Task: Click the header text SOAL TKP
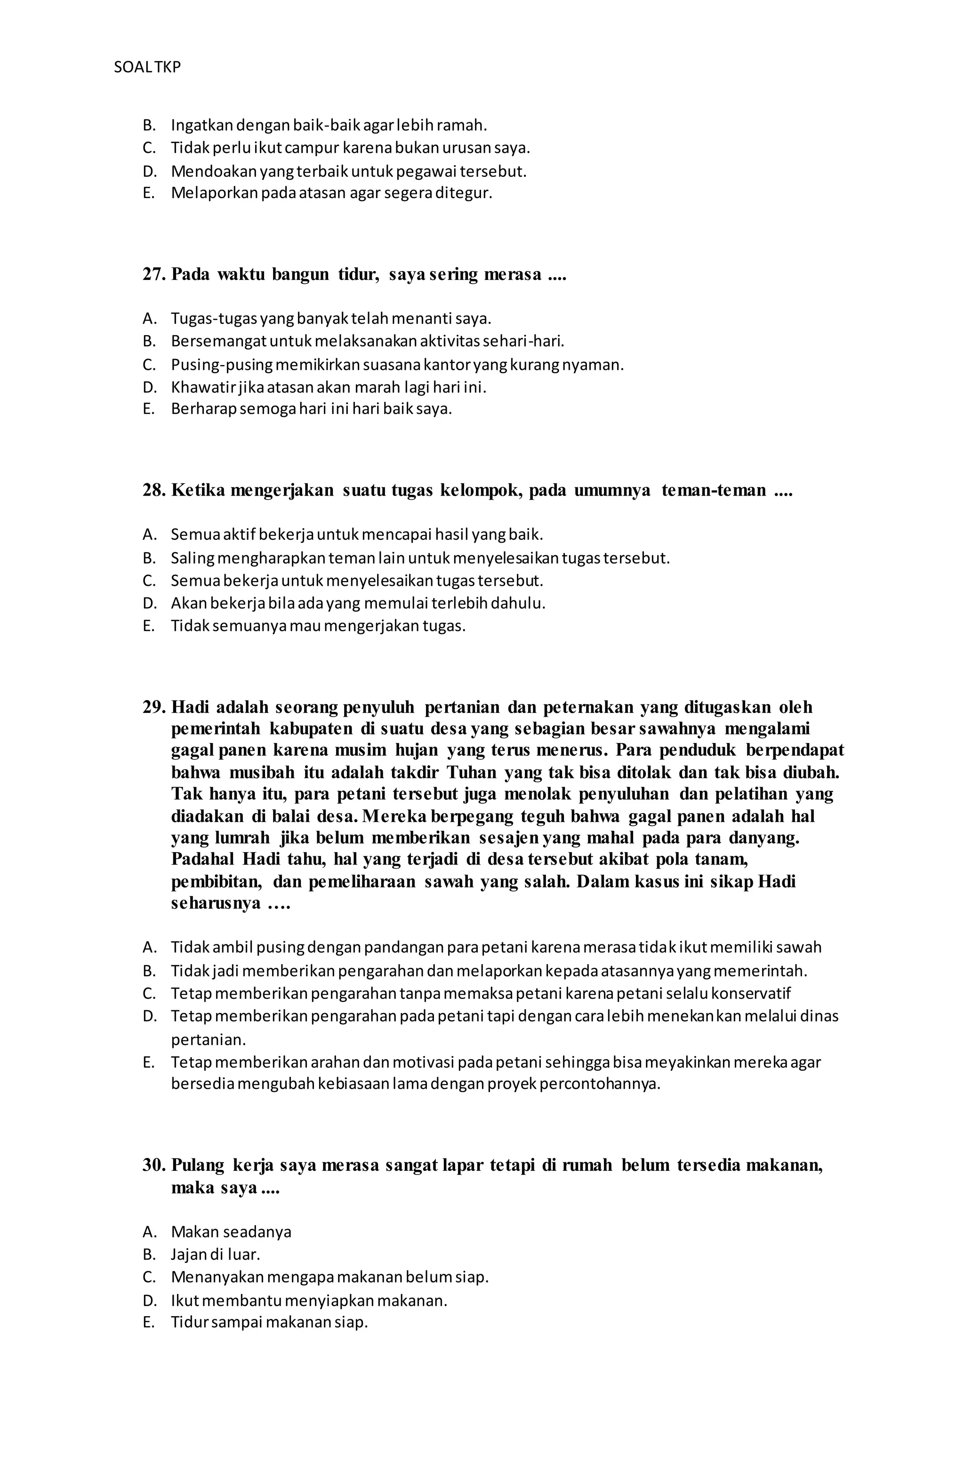pyautogui.click(x=147, y=67)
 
